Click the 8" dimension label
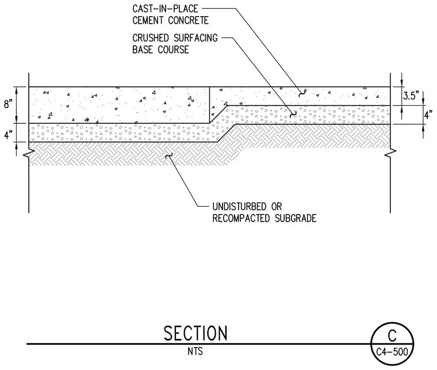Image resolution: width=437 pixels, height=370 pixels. tap(9, 104)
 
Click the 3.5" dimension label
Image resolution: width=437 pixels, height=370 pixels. tap(411, 96)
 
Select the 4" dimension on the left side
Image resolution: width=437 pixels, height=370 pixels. tap(9, 135)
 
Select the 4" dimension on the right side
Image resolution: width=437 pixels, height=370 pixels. tap(428, 115)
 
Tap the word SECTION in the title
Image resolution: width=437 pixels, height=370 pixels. tap(195, 333)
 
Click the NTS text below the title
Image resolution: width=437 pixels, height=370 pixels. tap(195, 352)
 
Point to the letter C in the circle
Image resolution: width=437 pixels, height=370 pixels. tap(392, 335)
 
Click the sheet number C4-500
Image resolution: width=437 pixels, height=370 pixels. tap(392, 352)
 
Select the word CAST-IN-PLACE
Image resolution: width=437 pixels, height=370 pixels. tap(165, 9)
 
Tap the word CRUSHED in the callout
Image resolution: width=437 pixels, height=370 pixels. tap(151, 38)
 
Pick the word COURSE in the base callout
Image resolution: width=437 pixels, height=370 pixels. tap(173, 49)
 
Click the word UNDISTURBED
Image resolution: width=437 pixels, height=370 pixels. tap(239, 207)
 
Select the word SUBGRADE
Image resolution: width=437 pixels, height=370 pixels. tap(296, 218)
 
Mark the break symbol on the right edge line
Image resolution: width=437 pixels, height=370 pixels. tap(390, 153)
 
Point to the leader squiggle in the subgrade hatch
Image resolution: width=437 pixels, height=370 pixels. tap(168, 155)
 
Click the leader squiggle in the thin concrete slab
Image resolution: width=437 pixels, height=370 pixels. tap(301, 94)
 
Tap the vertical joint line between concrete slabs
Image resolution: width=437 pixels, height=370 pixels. tap(209, 105)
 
